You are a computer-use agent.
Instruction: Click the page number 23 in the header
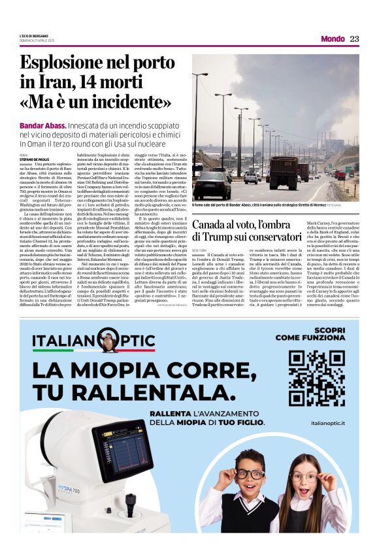[x=355, y=39]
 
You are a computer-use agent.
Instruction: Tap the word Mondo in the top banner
[x=333, y=39]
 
